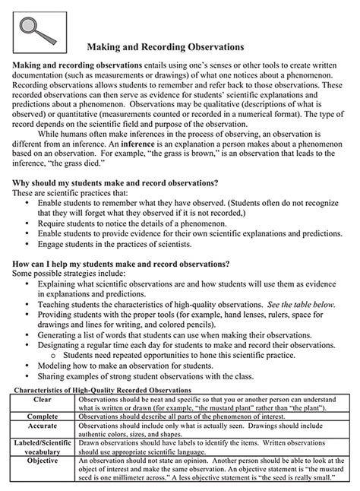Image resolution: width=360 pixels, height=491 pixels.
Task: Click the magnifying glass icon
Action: coord(35,29)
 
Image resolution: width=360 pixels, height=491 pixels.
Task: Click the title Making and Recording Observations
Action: coord(179,48)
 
